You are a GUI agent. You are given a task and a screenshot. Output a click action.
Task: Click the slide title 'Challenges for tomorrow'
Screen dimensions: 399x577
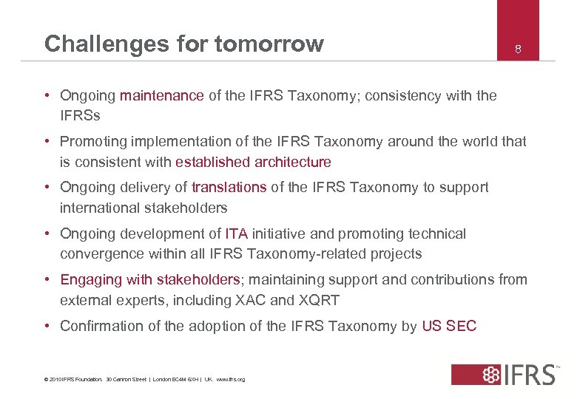(184, 44)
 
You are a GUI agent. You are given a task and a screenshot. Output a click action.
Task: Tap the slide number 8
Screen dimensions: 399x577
(519, 50)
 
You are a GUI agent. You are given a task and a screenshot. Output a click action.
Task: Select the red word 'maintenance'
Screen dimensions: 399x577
(161, 95)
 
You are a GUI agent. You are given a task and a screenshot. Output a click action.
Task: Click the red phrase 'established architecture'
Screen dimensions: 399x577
(254, 162)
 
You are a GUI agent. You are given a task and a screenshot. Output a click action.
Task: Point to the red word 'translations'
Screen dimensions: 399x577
(229, 188)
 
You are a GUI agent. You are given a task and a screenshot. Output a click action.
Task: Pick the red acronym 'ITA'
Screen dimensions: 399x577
(237, 234)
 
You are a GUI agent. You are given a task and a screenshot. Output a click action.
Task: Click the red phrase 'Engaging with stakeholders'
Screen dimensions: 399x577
(150, 280)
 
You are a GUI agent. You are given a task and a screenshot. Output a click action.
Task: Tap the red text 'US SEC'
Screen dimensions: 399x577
(449, 326)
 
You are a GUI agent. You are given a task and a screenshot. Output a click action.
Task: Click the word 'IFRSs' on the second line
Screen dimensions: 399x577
(80, 116)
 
